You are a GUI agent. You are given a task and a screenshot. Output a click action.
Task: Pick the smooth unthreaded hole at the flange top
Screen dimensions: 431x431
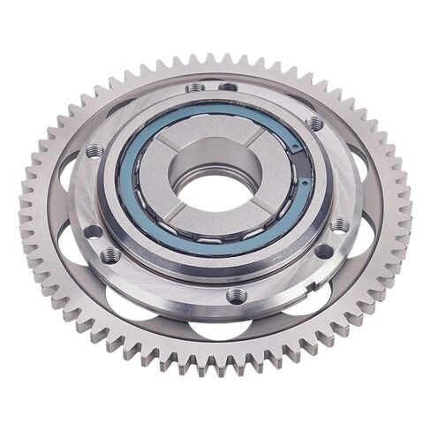(228, 86)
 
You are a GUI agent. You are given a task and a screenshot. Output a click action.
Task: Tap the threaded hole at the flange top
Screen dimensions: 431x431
(195, 87)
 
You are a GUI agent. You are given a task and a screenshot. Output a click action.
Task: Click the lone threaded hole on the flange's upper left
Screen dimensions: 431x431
(95, 151)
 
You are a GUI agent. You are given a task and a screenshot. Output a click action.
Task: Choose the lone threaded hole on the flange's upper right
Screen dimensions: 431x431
(314, 124)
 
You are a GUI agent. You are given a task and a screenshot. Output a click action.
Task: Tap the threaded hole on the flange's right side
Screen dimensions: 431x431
(339, 225)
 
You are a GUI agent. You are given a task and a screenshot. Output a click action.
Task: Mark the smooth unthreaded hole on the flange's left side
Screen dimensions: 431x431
(93, 232)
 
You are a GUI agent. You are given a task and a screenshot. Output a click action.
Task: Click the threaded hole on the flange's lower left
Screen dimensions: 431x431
(110, 256)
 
